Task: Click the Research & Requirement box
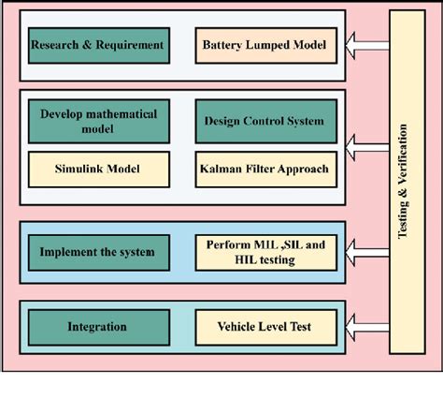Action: click(x=98, y=45)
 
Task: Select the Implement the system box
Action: click(x=97, y=251)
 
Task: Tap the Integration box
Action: click(x=97, y=328)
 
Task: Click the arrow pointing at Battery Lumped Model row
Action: click(x=366, y=43)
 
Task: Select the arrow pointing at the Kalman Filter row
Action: click(x=366, y=144)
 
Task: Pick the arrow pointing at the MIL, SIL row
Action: click(x=366, y=251)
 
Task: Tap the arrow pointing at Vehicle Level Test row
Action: click(x=366, y=328)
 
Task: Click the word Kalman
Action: click(x=221, y=170)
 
